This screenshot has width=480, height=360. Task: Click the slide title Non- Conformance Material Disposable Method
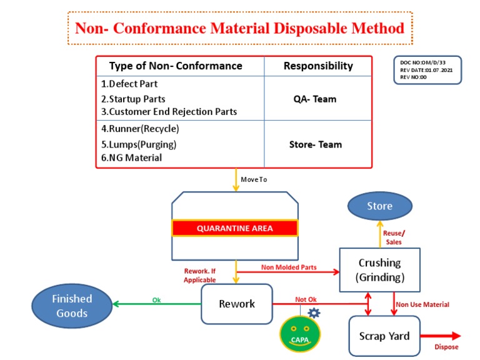coord(239,28)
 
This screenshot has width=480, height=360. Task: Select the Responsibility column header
coord(318,66)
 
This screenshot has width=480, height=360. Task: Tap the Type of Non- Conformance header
coord(176,66)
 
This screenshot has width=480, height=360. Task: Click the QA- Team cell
coord(315,99)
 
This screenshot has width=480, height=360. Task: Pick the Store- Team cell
coord(316,144)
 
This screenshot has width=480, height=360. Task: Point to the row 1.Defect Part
coord(129,84)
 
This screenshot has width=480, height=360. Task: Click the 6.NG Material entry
coord(131,157)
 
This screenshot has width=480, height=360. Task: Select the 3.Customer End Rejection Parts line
coord(169,112)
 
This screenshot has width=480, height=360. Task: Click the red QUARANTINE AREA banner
coord(235,228)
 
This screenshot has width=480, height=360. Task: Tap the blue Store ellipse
coord(379,206)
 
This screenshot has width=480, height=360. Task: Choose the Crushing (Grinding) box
coord(379,269)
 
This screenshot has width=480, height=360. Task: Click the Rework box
coord(237,304)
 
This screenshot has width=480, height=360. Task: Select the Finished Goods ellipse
coord(72,306)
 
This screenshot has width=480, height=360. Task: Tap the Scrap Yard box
coord(384,336)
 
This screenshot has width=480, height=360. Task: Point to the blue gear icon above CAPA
coord(314,312)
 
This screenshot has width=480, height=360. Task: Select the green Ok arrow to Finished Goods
coord(156,305)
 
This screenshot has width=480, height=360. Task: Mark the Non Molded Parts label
coord(289,267)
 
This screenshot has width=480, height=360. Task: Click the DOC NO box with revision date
coord(427,70)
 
